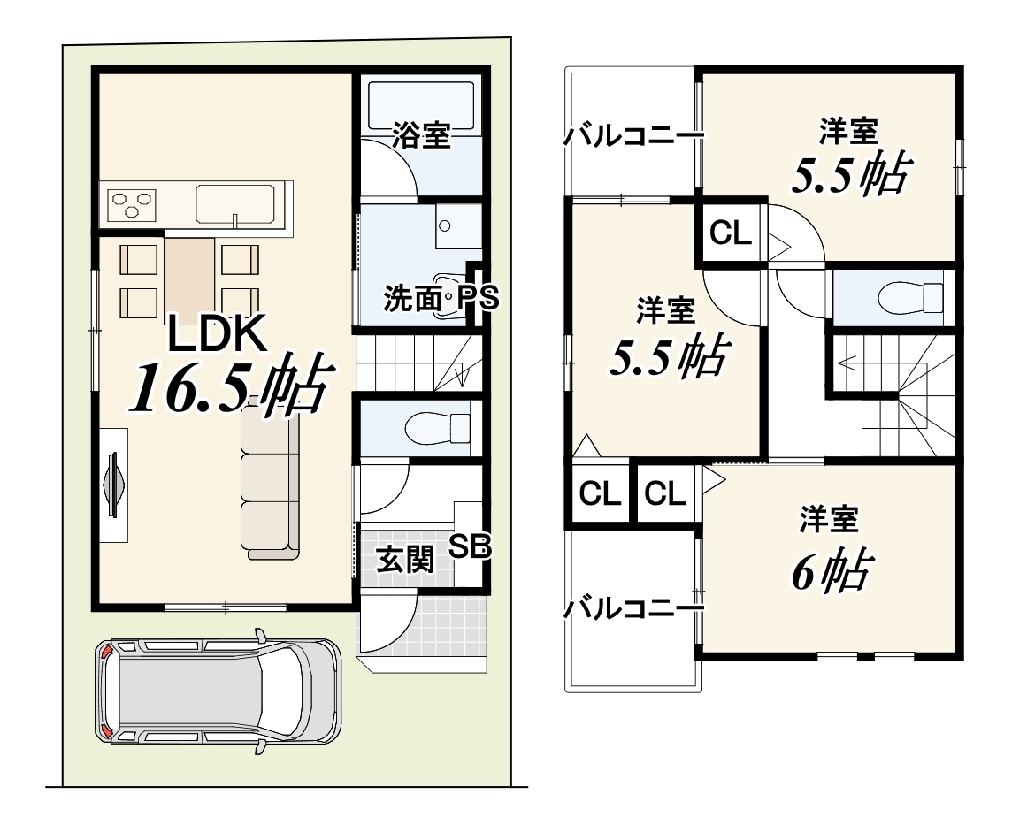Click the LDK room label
(218, 333)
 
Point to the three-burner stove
(132, 203)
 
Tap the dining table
(189, 278)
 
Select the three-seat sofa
(271, 477)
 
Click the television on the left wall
(113, 485)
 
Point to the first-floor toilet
(438, 428)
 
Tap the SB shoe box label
(470, 547)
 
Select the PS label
(479, 299)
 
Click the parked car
(218, 691)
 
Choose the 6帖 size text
(832, 570)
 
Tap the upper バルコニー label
(633, 136)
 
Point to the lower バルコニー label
(633, 607)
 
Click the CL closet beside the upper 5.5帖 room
(731, 233)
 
